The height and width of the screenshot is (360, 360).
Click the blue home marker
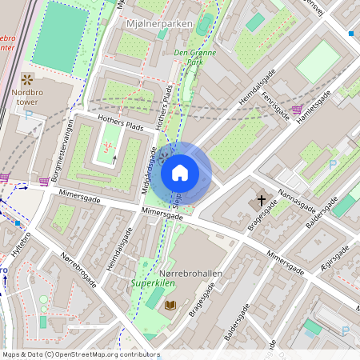click(180, 173)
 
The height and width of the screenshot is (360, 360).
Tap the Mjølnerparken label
click(160, 24)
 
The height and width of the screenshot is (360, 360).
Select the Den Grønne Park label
click(190, 56)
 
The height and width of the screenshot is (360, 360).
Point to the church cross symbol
click(261, 200)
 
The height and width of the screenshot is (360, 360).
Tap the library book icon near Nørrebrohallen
click(170, 305)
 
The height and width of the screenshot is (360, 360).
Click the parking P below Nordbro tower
click(30, 115)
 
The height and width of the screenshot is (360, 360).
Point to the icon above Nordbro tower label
click(27, 79)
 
